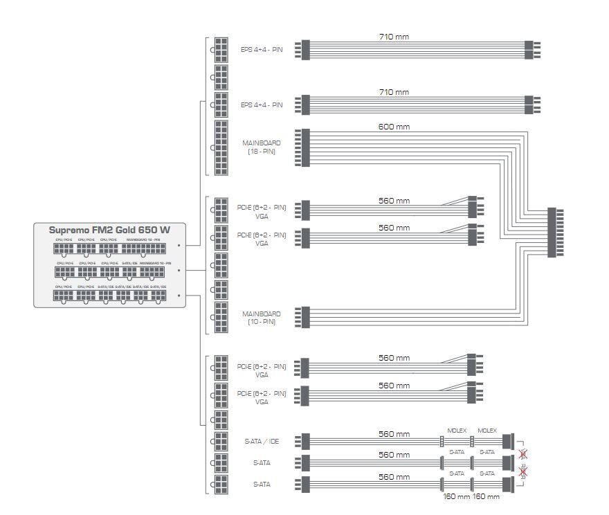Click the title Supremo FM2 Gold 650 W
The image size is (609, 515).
(x=109, y=230)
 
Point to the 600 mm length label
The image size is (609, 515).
(x=394, y=127)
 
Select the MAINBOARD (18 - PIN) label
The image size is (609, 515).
(x=262, y=147)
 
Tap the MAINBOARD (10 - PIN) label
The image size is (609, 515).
(x=262, y=318)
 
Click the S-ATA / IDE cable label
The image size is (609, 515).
(x=262, y=441)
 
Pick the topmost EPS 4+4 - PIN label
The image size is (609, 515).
(x=262, y=50)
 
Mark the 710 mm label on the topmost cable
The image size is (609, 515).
(x=394, y=36)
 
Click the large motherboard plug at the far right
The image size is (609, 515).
(x=552, y=232)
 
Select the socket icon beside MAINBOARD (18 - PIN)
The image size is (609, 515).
(x=221, y=147)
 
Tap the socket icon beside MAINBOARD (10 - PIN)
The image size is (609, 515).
(x=221, y=318)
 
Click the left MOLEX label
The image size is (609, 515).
(x=457, y=431)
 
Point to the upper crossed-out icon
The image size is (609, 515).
(x=523, y=455)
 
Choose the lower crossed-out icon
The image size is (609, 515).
(x=523, y=473)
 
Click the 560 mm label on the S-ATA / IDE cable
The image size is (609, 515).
(x=394, y=435)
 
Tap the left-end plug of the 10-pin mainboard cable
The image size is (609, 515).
(x=305, y=318)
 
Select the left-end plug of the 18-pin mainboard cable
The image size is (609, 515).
(x=305, y=147)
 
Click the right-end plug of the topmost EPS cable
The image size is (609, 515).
(x=529, y=50)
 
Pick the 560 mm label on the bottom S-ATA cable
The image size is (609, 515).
(x=394, y=477)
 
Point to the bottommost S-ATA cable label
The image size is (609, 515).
(x=262, y=484)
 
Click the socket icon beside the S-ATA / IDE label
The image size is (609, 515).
(x=221, y=441)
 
